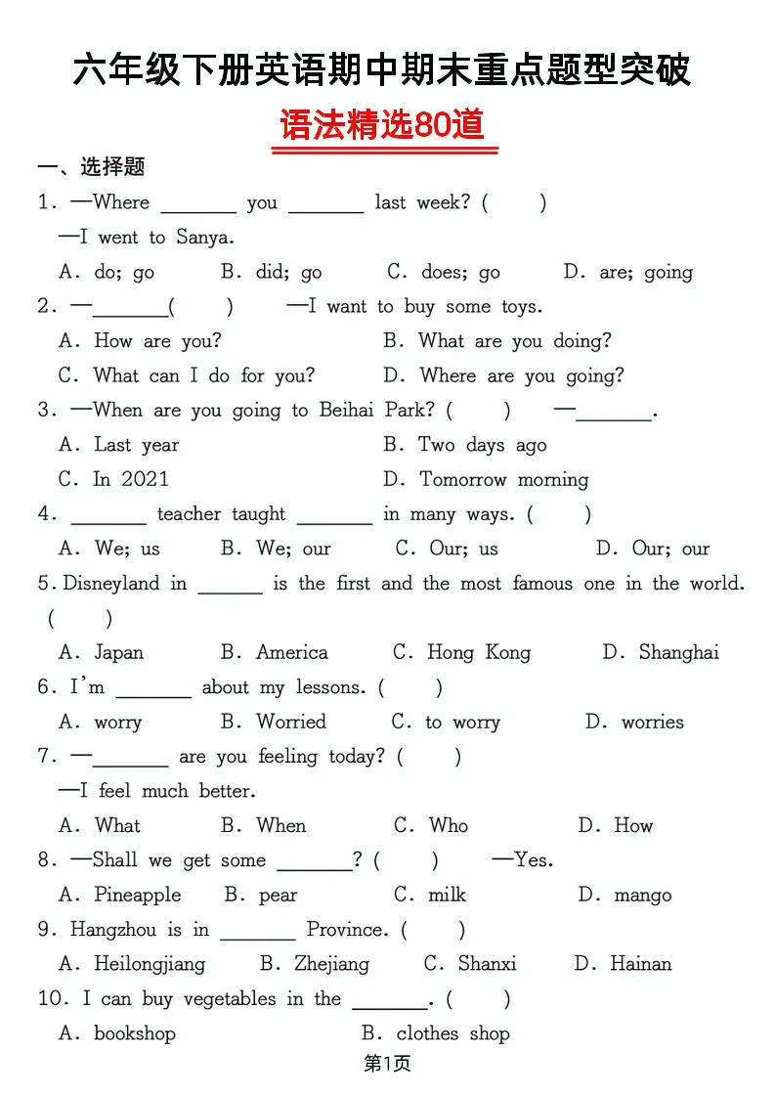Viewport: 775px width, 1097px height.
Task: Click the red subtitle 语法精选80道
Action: [x=383, y=126]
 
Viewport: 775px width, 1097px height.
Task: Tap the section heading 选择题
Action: [x=112, y=167]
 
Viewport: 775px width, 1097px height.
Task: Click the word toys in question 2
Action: [x=520, y=307]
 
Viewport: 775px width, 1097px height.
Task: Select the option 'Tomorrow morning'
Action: [x=503, y=480]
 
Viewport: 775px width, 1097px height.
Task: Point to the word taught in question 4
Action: [x=258, y=514]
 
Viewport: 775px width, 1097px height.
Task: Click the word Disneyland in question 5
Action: [x=110, y=584]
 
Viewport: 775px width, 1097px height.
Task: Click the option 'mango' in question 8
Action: [x=642, y=896]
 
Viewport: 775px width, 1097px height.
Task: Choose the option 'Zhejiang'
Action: [x=331, y=965]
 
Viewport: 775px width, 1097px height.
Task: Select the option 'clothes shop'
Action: [x=452, y=1033]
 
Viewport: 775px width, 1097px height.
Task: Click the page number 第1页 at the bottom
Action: [x=387, y=1065]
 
